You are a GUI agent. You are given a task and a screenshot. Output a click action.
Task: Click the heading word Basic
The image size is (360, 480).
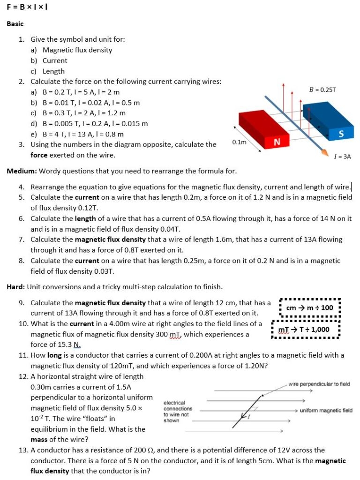pyautogui.click(x=15, y=23)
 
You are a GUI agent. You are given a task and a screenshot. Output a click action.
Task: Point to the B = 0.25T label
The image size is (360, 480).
pyautogui.click(x=322, y=89)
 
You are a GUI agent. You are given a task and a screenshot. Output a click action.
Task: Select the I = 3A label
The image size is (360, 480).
pyautogui.click(x=342, y=157)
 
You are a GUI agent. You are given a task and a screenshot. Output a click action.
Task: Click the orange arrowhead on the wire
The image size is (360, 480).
pyautogui.click(x=323, y=152)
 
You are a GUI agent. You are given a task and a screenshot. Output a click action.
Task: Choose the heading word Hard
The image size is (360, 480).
pyautogui.click(x=15, y=286)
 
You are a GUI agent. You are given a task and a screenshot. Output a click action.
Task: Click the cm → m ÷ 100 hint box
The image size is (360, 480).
pyautogui.click(x=309, y=307)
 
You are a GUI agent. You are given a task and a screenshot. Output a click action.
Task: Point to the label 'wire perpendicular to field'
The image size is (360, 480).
pyautogui.click(x=319, y=384)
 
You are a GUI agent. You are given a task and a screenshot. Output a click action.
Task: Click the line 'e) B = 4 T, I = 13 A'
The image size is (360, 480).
pyautogui.click(x=77, y=134)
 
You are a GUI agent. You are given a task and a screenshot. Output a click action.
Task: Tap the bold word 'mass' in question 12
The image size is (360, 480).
pyautogui.click(x=39, y=440)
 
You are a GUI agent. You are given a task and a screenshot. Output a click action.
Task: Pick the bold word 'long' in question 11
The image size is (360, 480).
pyautogui.click(x=55, y=355)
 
